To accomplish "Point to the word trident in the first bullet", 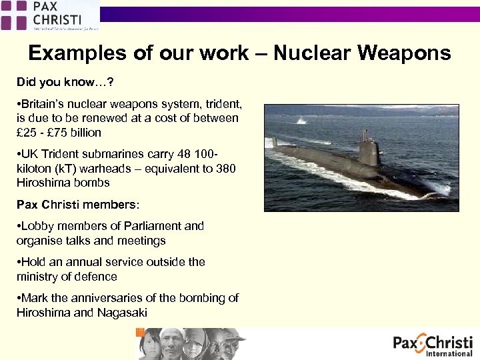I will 223,104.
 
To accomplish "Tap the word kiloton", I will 35,168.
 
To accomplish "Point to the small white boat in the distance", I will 301,121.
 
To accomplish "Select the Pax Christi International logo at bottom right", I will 433,345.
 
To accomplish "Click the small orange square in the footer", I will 140,332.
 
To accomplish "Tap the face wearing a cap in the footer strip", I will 234,343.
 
